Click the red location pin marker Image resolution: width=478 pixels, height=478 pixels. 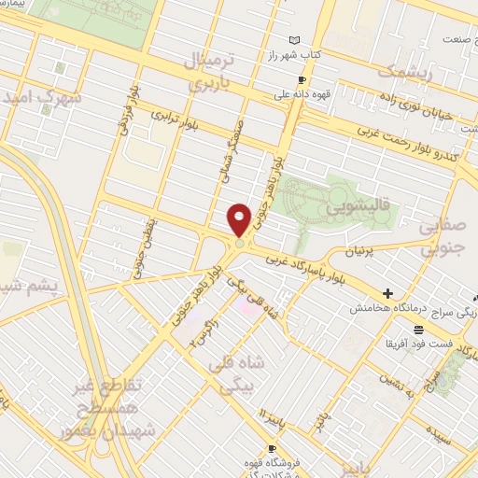(240, 220)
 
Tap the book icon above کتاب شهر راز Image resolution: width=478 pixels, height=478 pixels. (295, 40)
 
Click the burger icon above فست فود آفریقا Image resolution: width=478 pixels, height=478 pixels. (417, 329)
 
